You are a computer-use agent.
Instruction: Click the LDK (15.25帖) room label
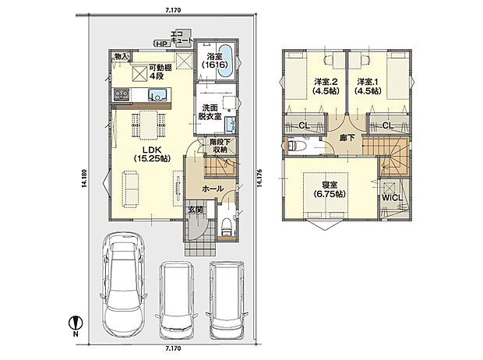point(152,154)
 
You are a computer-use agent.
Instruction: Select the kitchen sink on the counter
point(159,94)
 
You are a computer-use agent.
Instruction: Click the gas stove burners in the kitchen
point(122,94)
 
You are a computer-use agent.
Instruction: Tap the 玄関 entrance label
point(196,210)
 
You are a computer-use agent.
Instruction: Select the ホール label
point(213,189)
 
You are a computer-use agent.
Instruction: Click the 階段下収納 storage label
point(220,146)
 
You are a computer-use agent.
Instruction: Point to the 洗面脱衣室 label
point(210,112)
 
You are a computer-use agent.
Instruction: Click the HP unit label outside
point(161,44)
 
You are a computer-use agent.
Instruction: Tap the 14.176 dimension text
point(259,178)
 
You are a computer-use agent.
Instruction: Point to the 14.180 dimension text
point(83,178)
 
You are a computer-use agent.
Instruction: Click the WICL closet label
point(393,198)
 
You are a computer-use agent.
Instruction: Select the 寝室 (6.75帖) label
point(330,189)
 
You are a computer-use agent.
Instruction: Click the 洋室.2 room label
point(326,86)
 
